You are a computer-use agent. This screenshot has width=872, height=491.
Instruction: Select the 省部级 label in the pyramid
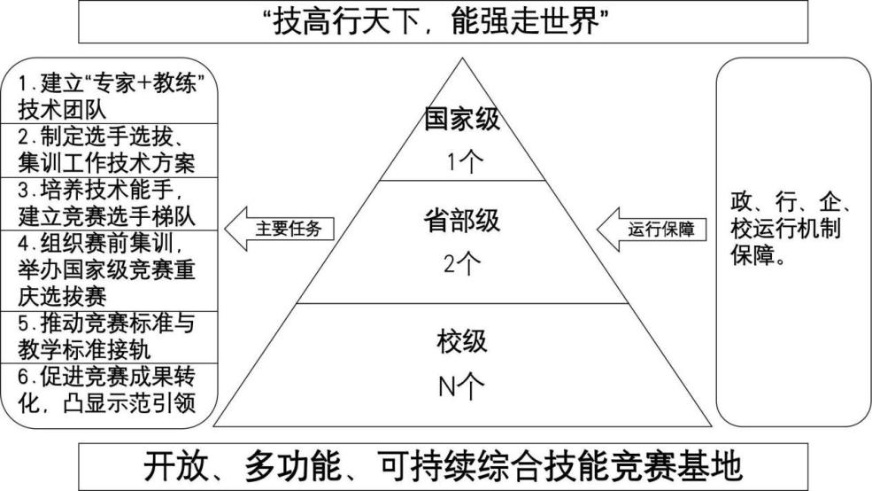[x=461, y=222]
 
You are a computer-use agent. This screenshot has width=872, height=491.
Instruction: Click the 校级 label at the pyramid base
[x=461, y=340]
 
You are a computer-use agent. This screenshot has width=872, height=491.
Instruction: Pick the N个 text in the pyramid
[x=461, y=387]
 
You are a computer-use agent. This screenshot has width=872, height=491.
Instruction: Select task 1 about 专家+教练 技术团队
[x=111, y=97]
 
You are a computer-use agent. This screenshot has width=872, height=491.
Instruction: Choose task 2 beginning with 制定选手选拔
[x=111, y=151]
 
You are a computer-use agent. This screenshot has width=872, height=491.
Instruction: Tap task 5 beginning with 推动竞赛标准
[x=111, y=336]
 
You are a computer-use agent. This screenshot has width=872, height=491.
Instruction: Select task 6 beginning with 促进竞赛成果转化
[x=111, y=390]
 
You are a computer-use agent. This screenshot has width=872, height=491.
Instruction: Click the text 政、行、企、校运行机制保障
[x=791, y=228]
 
